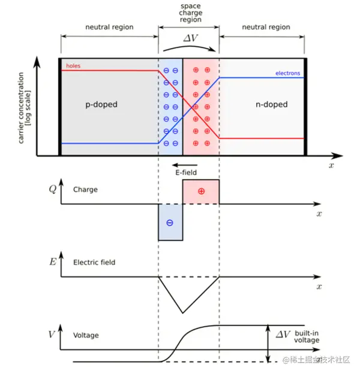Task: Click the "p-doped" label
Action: coord(101,104)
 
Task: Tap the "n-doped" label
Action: coord(271,104)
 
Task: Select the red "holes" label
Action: coord(73,66)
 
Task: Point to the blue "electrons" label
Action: coord(287,74)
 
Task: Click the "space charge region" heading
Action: coord(190,13)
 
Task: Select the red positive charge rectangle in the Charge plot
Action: coord(200,192)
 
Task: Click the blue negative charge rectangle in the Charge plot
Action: coord(170,222)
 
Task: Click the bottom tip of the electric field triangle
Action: coord(182,312)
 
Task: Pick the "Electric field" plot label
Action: coord(94,262)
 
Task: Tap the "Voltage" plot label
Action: coord(86,336)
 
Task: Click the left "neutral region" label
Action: coord(109,27)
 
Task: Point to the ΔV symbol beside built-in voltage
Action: coord(283,334)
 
